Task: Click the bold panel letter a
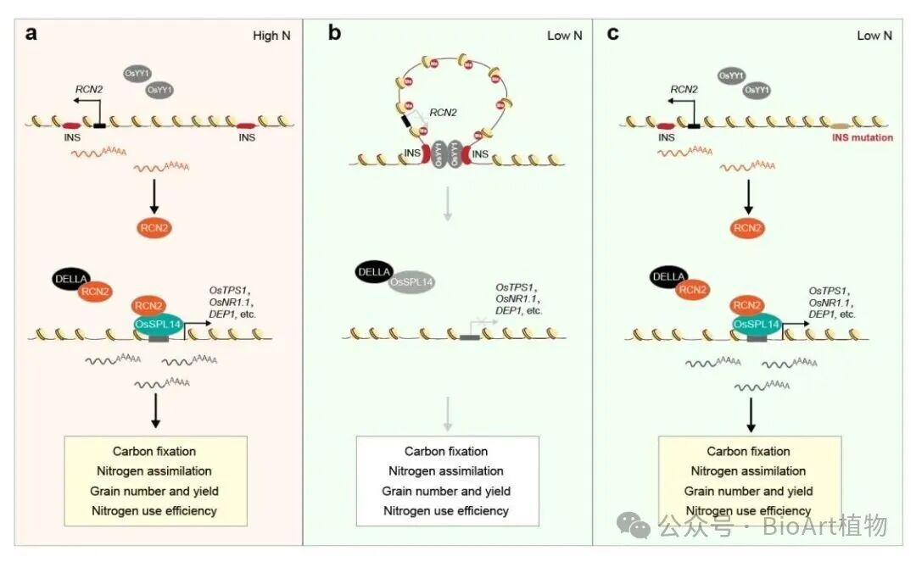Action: click(x=31, y=34)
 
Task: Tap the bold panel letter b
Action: click(x=334, y=34)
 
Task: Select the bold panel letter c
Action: click(x=612, y=34)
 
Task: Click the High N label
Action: click(x=272, y=36)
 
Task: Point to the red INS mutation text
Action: click(x=862, y=137)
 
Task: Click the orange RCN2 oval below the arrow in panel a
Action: click(x=154, y=227)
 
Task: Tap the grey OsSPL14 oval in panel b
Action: click(x=412, y=284)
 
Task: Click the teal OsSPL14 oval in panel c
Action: click(x=757, y=325)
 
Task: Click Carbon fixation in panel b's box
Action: click(x=446, y=451)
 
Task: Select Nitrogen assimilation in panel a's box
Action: click(x=154, y=470)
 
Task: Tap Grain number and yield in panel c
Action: click(x=749, y=491)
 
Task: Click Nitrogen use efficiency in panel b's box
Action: click(x=446, y=510)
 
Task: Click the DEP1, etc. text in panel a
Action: click(x=231, y=314)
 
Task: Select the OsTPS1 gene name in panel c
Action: click(x=830, y=290)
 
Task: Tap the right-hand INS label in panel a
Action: click(x=247, y=137)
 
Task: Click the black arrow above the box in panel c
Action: click(x=751, y=415)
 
